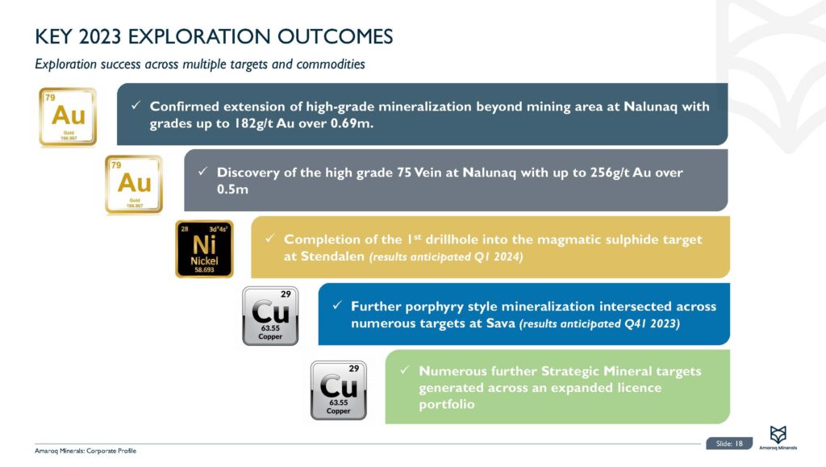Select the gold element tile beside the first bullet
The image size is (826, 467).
[x=68, y=117]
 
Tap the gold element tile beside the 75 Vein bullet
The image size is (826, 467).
[x=134, y=184]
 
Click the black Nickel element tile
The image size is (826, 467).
[x=204, y=248]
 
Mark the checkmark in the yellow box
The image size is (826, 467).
[x=270, y=240]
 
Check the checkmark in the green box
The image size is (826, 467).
[x=405, y=371]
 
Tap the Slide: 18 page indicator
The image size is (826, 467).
[x=729, y=443]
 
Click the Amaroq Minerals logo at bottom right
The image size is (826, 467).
[x=778, y=439]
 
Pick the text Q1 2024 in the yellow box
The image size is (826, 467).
[x=491, y=256]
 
